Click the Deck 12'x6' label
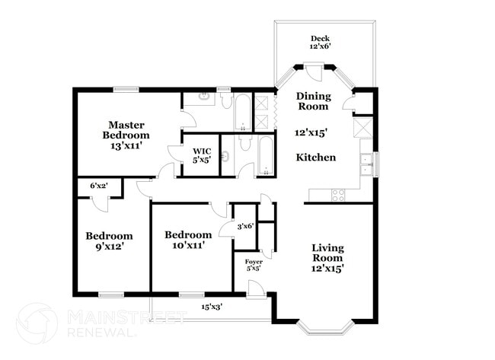(x=318, y=43)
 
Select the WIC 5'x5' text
(x=201, y=155)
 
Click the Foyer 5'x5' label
(x=254, y=265)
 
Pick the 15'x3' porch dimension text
(x=212, y=307)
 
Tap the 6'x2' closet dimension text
(x=98, y=185)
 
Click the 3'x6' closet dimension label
(x=244, y=226)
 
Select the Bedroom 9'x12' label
(x=109, y=241)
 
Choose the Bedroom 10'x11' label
(x=188, y=241)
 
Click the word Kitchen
(x=316, y=158)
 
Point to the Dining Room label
(x=314, y=101)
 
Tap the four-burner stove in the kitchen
(x=338, y=195)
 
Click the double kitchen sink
(x=366, y=164)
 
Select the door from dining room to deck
(x=314, y=71)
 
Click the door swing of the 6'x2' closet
(x=97, y=201)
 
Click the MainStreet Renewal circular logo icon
(x=36, y=323)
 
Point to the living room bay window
(x=325, y=327)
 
